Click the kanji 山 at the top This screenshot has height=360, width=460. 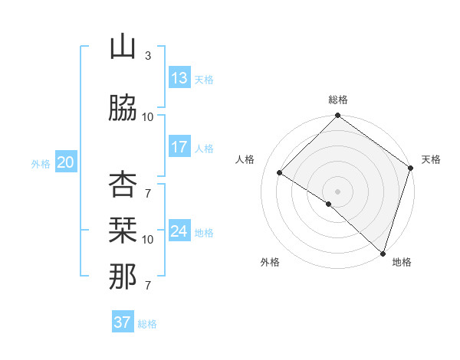click(x=123, y=47)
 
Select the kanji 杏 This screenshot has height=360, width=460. click(x=123, y=184)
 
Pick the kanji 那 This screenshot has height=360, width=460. click(x=123, y=277)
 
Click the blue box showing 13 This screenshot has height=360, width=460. click(x=179, y=78)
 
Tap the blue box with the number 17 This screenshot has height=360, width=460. click(x=179, y=148)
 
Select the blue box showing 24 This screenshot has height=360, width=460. click(x=179, y=231)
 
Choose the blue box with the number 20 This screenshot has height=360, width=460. click(x=66, y=162)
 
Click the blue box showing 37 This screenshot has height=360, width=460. click(x=123, y=322)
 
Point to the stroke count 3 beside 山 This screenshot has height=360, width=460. click(x=147, y=56)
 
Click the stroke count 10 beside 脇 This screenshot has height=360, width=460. click(x=148, y=116)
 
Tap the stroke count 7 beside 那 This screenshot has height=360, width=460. click(x=147, y=286)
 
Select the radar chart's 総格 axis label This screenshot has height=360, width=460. click(x=337, y=100)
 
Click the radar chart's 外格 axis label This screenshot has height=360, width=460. click(x=270, y=262)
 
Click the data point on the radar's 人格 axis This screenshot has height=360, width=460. click(x=280, y=173)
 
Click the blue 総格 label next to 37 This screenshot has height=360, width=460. click(x=148, y=324)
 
